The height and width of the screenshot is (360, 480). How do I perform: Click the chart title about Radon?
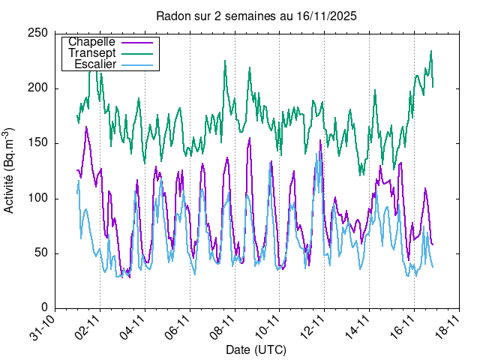[x=256, y=16]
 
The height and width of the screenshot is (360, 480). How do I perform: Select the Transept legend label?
[x=91, y=53]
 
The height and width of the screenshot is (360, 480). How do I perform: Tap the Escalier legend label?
[x=95, y=64]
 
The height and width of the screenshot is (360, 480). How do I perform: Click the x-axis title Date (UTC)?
[x=256, y=349]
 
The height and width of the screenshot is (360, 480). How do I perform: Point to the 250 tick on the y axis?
[x=41, y=33]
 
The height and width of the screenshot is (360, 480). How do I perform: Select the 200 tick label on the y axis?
[x=41, y=88]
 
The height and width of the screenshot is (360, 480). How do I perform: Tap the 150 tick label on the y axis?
[x=41, y=143]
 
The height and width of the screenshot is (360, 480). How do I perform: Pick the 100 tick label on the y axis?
[x=41, y=198]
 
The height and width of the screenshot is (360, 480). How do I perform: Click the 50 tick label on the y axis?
[x=44, y=253]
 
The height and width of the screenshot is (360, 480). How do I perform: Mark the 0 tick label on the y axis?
[x=47, y=307]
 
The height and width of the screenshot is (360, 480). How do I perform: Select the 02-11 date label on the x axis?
[x=88, y=328]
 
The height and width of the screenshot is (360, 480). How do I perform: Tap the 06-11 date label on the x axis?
[x=178, y=328]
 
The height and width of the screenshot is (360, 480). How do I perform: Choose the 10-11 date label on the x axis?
[x=268, y=328]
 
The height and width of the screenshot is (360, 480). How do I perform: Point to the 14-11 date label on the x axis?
[x=358, y=328]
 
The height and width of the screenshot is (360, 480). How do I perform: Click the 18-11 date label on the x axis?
[x=448, y=328]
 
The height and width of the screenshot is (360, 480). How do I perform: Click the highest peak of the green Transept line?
[x=431, y=51]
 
